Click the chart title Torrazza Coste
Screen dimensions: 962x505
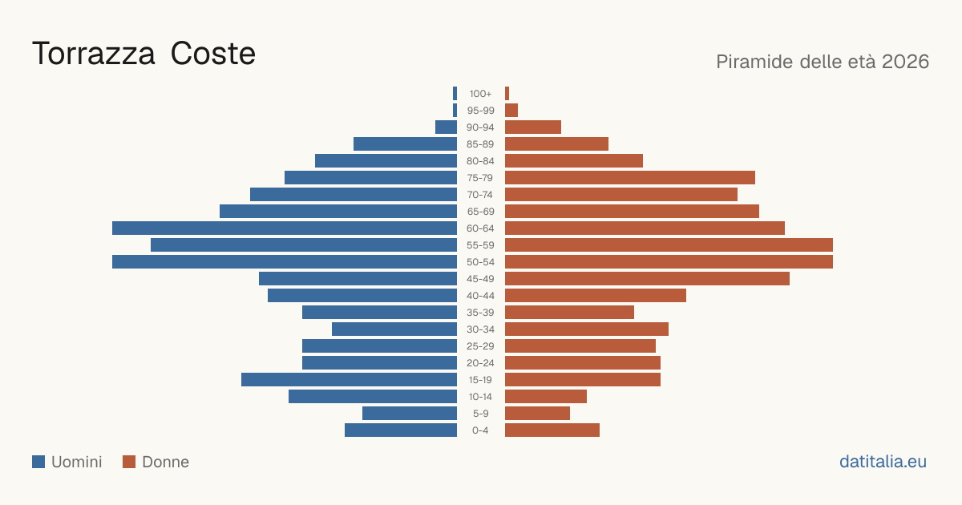[143, 54]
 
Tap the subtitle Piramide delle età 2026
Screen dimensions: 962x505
[823, 62]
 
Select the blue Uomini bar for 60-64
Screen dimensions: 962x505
[285, 228]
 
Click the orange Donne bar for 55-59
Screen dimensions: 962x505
[669, 244]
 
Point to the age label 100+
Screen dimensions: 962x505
[480, 94]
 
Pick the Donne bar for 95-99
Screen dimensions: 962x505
[511, 111]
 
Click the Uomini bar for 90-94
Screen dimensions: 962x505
[446, 127]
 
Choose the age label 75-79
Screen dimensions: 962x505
[480, 178]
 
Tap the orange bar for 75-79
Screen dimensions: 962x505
[630, 178]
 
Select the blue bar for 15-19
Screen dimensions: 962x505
[349, 380]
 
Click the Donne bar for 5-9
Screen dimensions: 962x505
[537, 413]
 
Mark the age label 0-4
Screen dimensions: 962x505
[480, 430]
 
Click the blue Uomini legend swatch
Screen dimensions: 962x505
[38, 462]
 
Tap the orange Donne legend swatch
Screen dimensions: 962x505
[129, 462]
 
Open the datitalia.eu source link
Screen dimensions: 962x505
[883, 462]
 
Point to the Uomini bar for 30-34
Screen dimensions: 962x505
[394, 329]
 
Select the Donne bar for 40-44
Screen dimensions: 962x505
[595, 296]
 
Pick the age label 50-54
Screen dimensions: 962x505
[480, 262]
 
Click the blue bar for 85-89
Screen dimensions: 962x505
[405, 143]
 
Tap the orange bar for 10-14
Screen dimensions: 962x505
[546, 396]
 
